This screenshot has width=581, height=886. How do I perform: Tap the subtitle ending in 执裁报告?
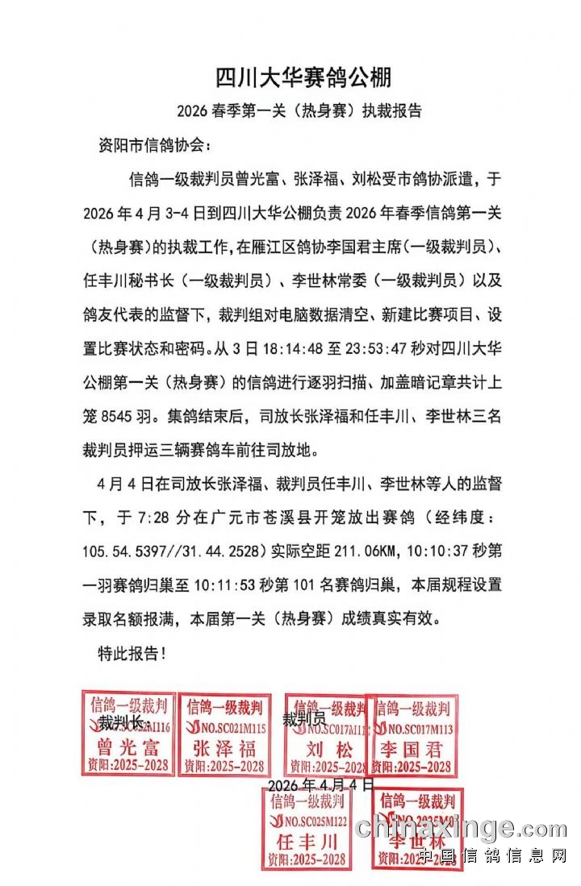299,110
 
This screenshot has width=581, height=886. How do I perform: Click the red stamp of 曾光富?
127,734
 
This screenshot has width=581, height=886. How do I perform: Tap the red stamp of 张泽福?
224,734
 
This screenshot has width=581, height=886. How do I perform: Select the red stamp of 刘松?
326,735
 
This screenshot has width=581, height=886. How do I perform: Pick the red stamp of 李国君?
412,735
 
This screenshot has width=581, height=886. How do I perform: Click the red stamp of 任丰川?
307,829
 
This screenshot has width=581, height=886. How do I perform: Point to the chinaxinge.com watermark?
461,828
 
